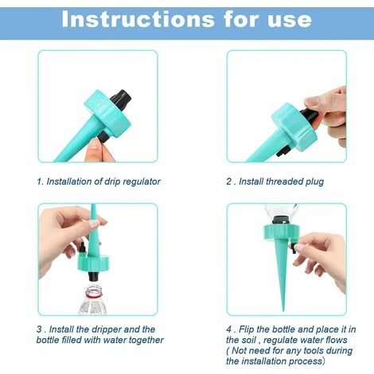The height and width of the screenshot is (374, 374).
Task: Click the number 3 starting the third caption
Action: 38,329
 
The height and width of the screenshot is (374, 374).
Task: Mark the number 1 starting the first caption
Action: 38,181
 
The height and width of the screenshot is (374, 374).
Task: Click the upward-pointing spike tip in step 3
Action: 92,208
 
